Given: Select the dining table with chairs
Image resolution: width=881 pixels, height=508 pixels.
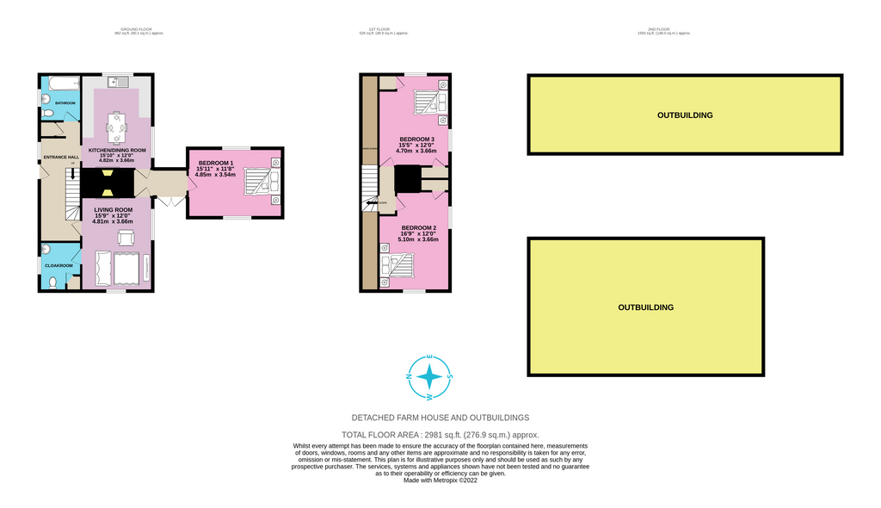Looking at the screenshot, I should click(116, 130).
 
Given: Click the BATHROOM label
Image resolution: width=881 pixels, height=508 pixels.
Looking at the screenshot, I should click(65, 103).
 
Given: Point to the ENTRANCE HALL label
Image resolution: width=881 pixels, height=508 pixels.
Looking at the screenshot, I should click(61, 158).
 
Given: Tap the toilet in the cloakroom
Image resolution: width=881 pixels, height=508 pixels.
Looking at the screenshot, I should click(52, 282).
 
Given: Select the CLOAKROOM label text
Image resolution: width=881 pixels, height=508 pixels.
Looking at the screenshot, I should click(59, 265).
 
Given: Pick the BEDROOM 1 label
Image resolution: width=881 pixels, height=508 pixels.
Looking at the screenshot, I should click(216, 164).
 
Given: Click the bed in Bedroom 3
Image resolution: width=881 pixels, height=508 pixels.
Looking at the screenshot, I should click(428, 102).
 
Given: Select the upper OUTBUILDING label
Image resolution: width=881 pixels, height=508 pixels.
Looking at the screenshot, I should click(685, 115).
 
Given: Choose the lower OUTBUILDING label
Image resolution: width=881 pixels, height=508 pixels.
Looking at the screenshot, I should click(645, 307).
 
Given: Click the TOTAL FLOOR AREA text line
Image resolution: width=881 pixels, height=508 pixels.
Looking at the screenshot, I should click(440, 436).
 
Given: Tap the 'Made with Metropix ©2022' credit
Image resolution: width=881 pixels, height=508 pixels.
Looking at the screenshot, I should click(440, 481).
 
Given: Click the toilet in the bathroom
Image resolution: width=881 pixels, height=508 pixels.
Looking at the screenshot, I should click(48, 114).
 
